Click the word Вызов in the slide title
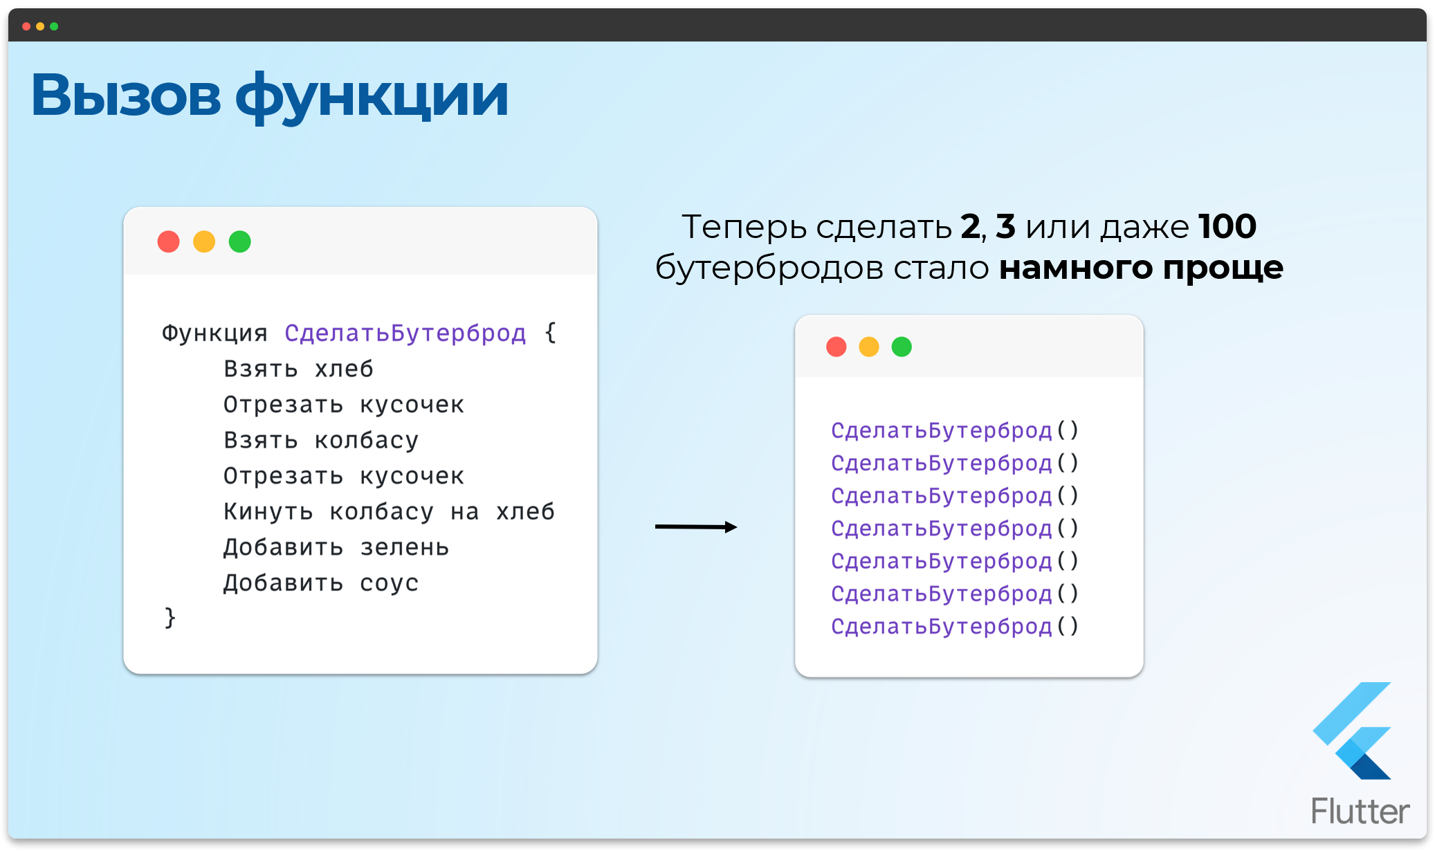(x=126, y=95)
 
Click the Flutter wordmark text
(x=1360, y=811)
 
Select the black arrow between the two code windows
(x=695, y=527)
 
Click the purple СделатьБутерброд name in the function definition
(x=405, y=333)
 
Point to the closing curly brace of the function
(x=170, y=617)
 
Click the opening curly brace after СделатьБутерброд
(x=551, y=333)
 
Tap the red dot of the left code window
(x=168, y=241)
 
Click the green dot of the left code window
(x=240, y=241)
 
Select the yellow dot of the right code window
(x=869, y=347)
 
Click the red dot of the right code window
(x=837, y=347)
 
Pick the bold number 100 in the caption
(x=1227, y=226)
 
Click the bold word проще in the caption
(x=1223, y=268)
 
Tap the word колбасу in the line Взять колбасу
(x=367, y=441)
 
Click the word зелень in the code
(x=405, y=548)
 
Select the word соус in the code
(x=389, y=583)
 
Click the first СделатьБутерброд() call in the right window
(x=954, y=430)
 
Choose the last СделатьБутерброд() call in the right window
(x=954, y=626)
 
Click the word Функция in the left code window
(x=214, y=333)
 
